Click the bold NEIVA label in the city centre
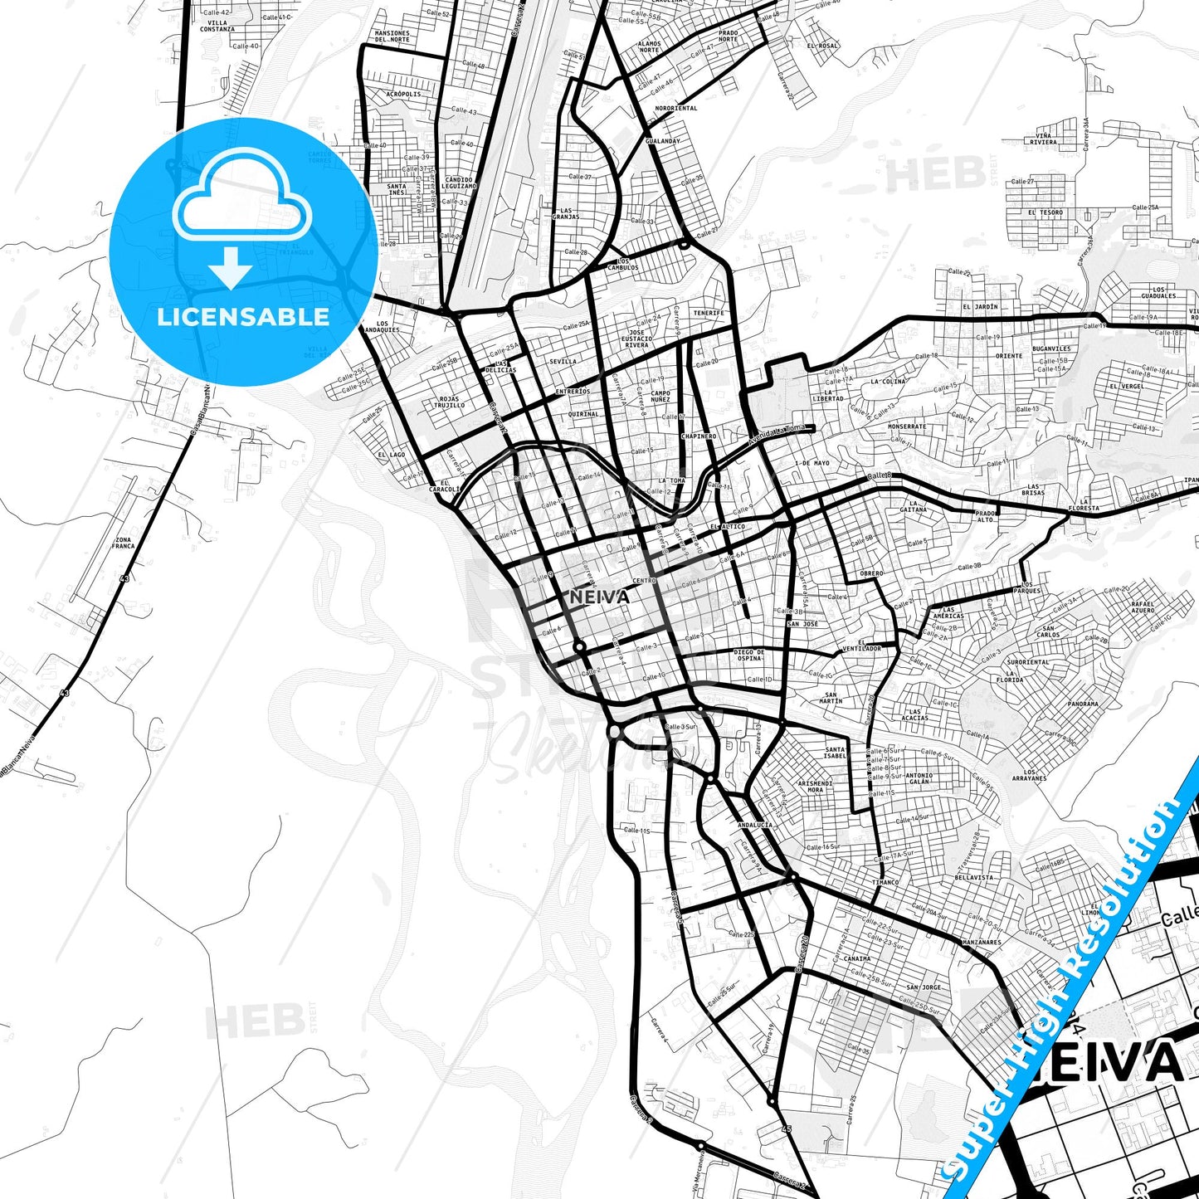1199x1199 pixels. tap(599, 597)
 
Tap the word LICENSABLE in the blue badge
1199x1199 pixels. tap(243, 317)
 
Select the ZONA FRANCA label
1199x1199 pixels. tap(123, 543)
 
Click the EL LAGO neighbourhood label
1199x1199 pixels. tap(392, 455)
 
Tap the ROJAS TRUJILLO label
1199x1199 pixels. tap(449, 402)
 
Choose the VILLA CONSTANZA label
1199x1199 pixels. tap(217, 26)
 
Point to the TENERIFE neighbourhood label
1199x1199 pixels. tap(709, 313)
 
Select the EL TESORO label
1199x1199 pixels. tap(1045, 212)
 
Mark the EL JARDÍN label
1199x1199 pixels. tap(980, 306)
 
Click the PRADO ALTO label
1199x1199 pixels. tap(985, 516)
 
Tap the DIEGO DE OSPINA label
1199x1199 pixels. tap(749, 655)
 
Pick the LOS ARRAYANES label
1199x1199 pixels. tap(1029, 775)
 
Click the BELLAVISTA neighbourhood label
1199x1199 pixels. tap(973, 877)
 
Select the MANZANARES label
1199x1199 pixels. tap(982, 943)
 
